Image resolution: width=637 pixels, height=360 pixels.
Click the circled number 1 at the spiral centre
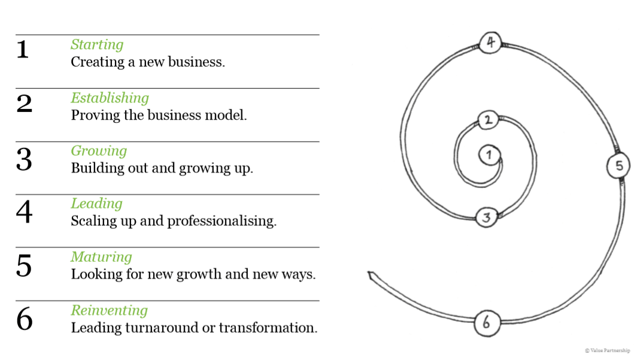(489, 155)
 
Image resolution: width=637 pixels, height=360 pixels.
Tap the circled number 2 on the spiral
(488, 120)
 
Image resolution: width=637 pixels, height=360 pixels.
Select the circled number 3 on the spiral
(486, 217)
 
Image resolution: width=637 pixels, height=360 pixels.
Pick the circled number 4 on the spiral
(490, 43)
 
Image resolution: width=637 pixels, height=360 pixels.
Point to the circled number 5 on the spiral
(619, 165)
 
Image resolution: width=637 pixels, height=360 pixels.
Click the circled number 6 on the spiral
(486, 323)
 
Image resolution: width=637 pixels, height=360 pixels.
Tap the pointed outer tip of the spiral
(369, 274)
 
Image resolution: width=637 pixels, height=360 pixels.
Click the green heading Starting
(97, 44)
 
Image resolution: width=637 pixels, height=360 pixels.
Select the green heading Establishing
(110, 98)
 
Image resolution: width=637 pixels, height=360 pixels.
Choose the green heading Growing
(99, 150)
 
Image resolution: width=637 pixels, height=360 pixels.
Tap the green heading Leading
(96, 204)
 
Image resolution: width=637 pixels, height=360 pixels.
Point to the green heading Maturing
(101, 257)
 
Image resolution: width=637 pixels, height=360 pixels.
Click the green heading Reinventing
(109, 310)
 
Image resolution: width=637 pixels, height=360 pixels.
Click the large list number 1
(23, 49)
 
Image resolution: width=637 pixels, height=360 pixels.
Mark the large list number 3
(24, 159)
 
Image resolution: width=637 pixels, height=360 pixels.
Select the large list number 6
(24, 319)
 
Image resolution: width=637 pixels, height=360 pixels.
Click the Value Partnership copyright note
(607, 350)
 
